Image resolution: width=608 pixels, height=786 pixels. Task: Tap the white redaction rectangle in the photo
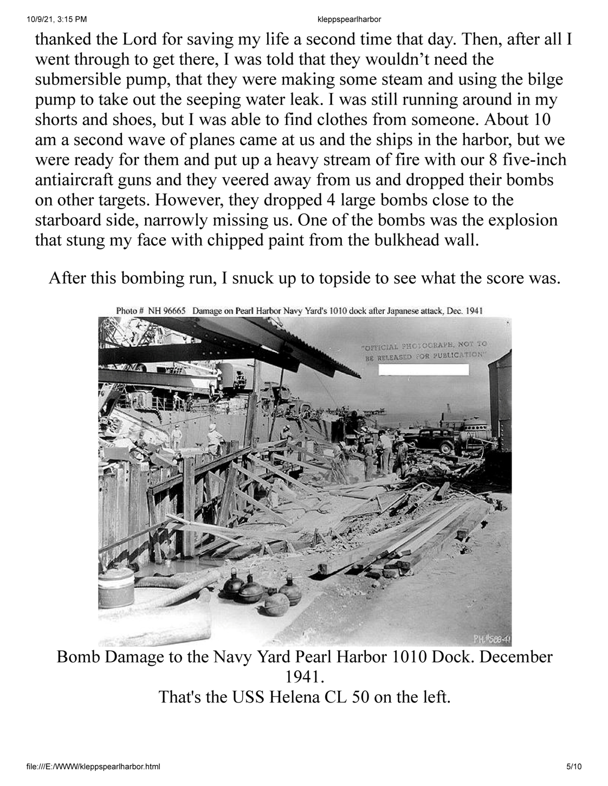point(423,370)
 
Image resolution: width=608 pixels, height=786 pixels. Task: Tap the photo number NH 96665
point(165,311)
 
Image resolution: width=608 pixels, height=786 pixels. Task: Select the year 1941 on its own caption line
point(303,677)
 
